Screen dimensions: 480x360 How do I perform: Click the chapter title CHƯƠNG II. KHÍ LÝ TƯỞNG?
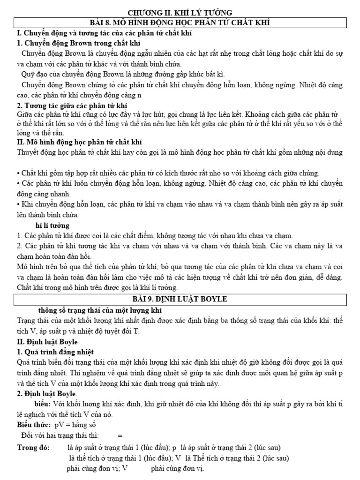tap(180, 13)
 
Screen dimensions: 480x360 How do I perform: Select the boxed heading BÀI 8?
tap(180, 22)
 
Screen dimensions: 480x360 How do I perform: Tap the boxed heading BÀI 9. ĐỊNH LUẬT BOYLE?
tap(180, 299)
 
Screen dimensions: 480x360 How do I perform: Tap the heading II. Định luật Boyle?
tap(47, 342)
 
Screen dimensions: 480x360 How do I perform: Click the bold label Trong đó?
tap(33, 448)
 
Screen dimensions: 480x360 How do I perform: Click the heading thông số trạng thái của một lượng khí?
tap(101, 310)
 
